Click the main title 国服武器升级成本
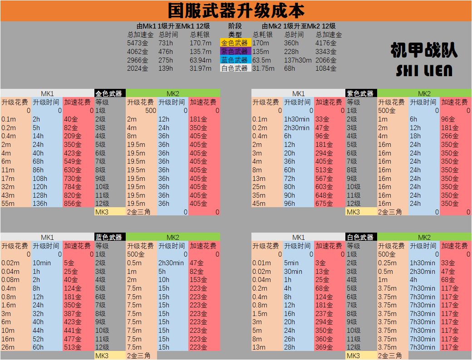(236, 10)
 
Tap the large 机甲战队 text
(424, 50)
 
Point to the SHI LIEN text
(424, 70)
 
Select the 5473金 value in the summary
(138, 43)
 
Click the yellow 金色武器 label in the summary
(235, 43)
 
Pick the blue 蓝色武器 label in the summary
(235, 60)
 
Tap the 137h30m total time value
(298, 60)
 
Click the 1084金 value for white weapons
(326, 68)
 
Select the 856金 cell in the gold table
(73, 204)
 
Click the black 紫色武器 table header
(361, 93)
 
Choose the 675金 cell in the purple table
(324, 204)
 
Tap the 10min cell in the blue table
(42, 263)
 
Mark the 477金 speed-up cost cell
(73, 339)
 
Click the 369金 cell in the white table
(324, 347)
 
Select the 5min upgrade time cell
(291, 263)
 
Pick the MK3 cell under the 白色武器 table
(353, 356)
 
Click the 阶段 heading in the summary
(235, 26)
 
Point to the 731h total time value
(166, 43)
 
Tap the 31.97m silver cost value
(201, 68)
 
